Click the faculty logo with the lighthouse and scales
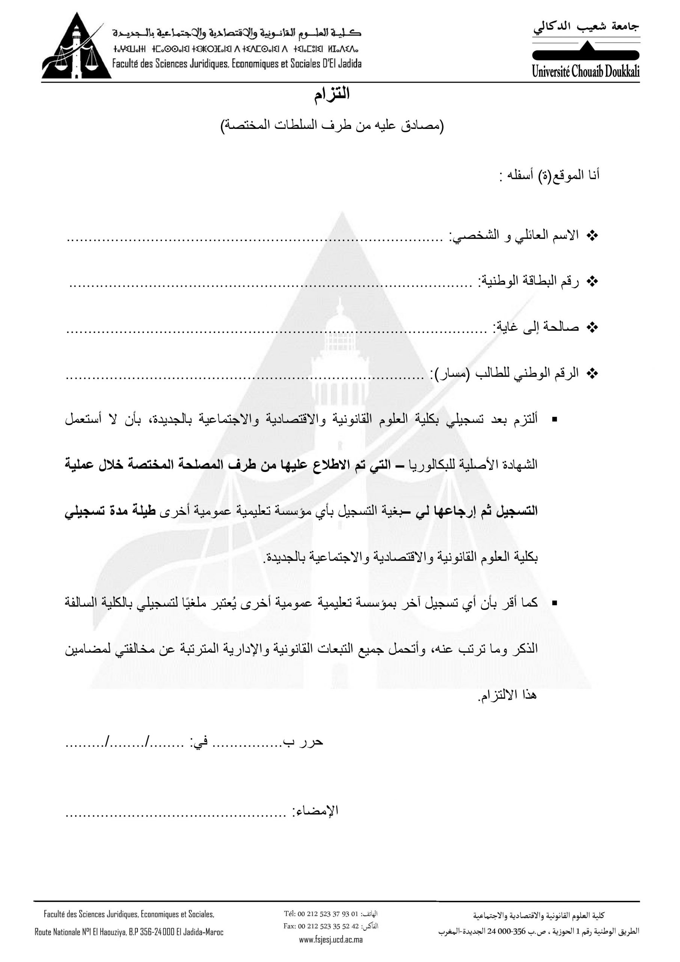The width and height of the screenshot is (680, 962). click(x=84, y=47)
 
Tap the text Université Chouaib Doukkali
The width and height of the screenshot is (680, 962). click(x=585, y=72)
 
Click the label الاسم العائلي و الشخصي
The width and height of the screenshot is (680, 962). click(x=514, y=235)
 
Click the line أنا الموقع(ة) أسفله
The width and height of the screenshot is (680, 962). click(x=549, y=175)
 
